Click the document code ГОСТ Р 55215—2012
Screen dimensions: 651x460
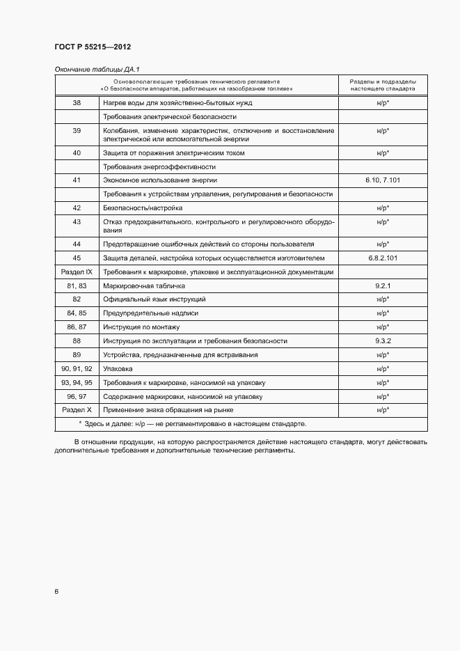point(93,47)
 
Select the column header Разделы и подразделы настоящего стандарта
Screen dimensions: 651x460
point(382,85)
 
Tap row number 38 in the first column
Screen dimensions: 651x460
point(77,103)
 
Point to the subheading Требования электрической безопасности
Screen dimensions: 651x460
point(170,117)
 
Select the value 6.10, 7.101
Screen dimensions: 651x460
point(382,180)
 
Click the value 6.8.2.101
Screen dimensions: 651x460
point(382,258)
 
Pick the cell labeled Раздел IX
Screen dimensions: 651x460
point(77,272)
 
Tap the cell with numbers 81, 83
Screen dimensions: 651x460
point(77,285)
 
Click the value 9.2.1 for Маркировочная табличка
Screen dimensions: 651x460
point(382,285)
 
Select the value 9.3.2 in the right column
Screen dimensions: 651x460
point(382,341)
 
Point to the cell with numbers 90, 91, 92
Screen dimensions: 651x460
point(77,368)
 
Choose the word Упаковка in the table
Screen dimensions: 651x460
point(118,368)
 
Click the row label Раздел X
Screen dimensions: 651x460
point(77,410)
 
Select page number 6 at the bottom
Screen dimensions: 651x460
point(56,592)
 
